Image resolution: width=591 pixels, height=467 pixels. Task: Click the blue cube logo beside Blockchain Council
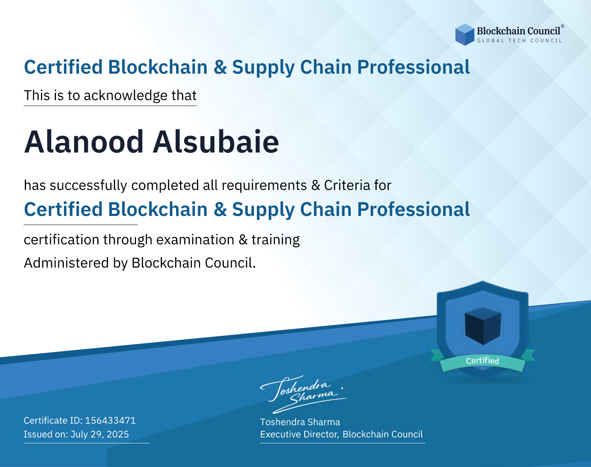(465, 35)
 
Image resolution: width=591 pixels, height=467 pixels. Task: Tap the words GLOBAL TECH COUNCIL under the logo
(520, 41)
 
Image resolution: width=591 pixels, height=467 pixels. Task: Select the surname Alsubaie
(216, 142)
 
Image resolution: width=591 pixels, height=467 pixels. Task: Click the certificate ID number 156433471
(110, 420)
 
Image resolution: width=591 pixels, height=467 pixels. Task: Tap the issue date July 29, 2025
(100, 434)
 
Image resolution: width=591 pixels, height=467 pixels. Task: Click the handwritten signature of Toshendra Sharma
(303, 394)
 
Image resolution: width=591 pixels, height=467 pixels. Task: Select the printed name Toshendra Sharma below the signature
(300, 422)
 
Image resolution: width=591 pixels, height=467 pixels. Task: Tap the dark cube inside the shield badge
(483, 326)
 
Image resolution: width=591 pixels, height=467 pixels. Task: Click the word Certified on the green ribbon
(483, 361)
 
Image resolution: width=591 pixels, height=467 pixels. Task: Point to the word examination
(195, 240)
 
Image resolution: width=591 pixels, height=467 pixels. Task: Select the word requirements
(264, 186)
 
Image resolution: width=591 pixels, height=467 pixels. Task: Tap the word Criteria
(347, 185)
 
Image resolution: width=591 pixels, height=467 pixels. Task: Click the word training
(276, 240)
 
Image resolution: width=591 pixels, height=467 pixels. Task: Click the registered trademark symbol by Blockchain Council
(563, 26)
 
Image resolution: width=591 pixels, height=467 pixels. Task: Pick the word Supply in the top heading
(263, 67)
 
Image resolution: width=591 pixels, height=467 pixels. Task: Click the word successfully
(88, 186)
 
